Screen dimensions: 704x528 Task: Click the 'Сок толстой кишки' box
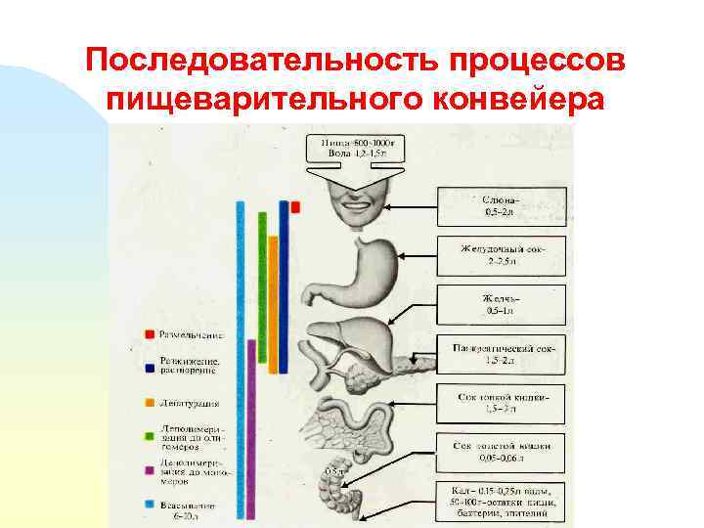coord(503,451)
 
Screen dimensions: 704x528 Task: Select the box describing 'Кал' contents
coord(503,500)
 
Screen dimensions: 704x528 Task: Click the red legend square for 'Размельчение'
coord(148,333)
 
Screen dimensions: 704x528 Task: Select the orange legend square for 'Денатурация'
coord(148,402)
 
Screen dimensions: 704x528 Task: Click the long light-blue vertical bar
coord(240,362)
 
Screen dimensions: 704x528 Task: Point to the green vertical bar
coord(262,293)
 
